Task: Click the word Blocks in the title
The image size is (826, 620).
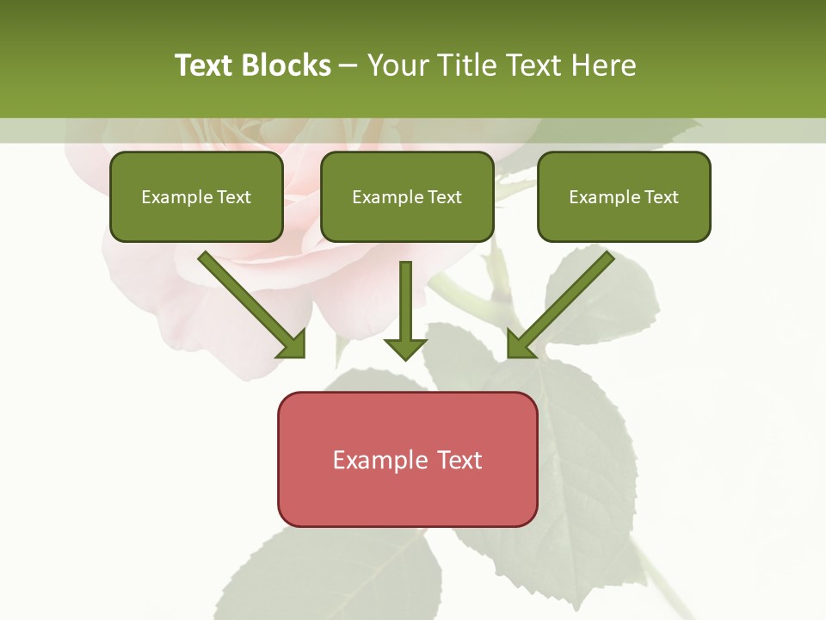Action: point(286,65)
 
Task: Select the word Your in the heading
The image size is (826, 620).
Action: point(398,65)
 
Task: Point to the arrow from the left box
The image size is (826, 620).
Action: point(250,301)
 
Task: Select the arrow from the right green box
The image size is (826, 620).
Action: point(564,301)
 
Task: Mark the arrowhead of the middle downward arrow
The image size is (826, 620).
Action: point(405,349)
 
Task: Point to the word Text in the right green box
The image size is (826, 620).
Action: point(661,197)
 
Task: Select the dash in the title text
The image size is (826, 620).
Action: point(348,66)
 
